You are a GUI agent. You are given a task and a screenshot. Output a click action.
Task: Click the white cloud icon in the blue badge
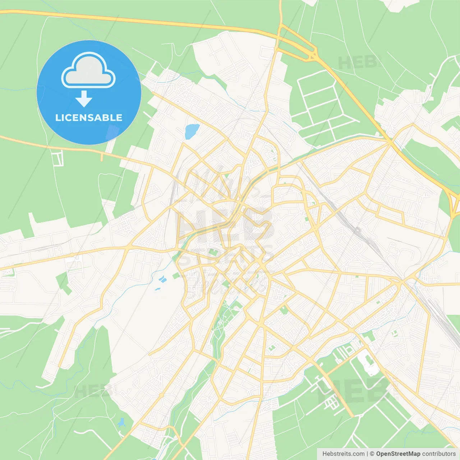pyautogui.click(x=88, y=70)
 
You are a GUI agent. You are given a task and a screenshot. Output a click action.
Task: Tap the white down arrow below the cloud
pyautogui.click(x=84, y=99)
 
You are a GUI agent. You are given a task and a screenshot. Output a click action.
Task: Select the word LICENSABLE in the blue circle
pyautogui.click(x=89, y=118)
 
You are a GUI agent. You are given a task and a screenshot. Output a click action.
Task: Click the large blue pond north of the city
pyautogui.click(x=192, y=131)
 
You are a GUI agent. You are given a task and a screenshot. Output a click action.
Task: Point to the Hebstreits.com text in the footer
pyautogui.click(x=343, y=454)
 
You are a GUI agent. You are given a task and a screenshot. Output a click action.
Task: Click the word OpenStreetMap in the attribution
pyautogui.click(x=398, y=454)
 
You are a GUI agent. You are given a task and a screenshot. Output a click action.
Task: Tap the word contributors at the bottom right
pyautogui.click(x=439, y=454)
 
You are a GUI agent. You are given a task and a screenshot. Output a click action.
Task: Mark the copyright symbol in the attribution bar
pyautogui.click(x=372, y=454)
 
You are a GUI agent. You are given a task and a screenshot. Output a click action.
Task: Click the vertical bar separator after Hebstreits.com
pyautogui.click(x=367, y=454)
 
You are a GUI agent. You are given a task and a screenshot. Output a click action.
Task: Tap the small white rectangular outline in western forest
pyautogui.click(x=57, y=158)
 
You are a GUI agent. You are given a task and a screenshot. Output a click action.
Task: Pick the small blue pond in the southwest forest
pyautogui.click(x=121, y=422)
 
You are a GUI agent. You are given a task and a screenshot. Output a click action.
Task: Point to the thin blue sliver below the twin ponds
pyautogui.click(x=157, y=289)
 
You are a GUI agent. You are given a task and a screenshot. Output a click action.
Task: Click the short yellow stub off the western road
pyautogui.click(x=102, y=156)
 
